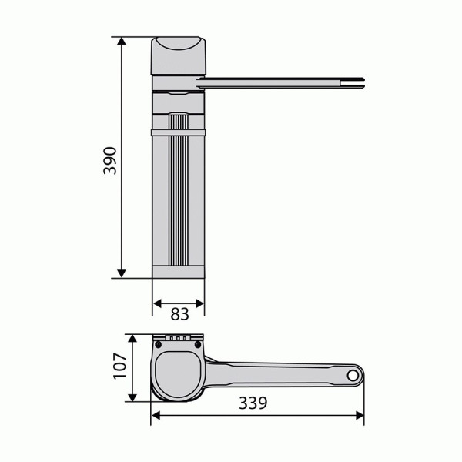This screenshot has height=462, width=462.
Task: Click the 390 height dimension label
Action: click(110, 161)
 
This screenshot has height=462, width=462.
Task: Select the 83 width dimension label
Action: click(179, 314)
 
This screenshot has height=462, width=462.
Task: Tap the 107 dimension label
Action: click(120, 366)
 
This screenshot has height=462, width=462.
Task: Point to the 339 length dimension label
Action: click(253, 403)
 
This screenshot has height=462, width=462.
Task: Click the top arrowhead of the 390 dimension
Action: click(122, 41)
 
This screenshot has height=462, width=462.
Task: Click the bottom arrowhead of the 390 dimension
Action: click(122, 273)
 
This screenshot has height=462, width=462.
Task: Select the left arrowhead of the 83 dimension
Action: click(157, 303)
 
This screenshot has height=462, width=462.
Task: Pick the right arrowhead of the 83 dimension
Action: click(199, 303)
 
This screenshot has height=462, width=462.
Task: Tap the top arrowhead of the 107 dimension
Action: click(132, 339)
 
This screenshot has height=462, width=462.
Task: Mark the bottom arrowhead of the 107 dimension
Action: click(132, 397)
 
